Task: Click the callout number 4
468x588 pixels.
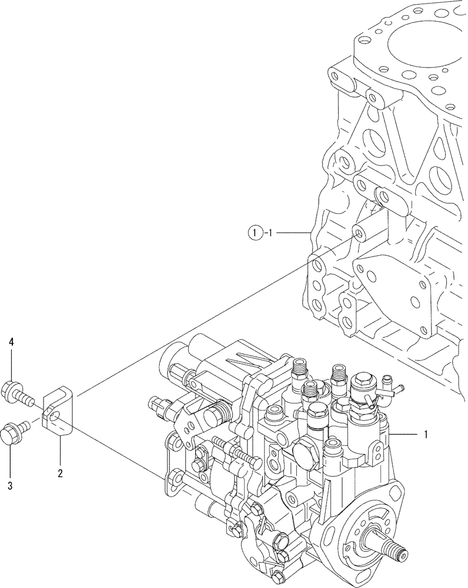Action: tap(11, 342)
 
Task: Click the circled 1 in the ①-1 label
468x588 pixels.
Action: tap(252, 233)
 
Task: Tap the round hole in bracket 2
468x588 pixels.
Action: tap(56, 416)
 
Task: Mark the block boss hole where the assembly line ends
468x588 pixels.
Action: tap(357, 233)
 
